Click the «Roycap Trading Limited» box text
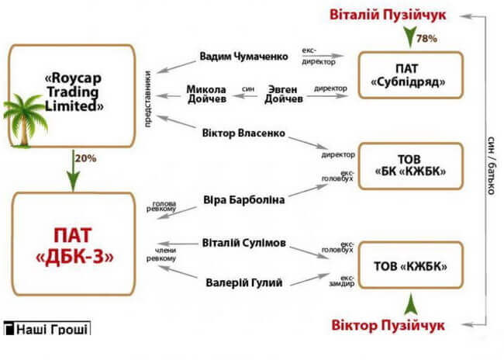[74, 92]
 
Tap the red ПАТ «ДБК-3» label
[74, 246]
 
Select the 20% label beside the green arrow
[85, 158]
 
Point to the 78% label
[426, 39]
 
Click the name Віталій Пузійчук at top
[388, 15]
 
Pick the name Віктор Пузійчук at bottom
[388, 325]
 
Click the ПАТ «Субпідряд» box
[410, 75]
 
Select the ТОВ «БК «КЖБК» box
[410, 166]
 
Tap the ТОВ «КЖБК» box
[410, 265]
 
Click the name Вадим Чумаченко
[243, 57]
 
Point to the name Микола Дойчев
[206, 94]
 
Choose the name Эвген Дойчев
[283, 94]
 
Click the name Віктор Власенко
[243, 133]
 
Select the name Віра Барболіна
[244, 200]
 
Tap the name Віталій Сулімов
[243, 243]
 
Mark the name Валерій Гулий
[244, 282]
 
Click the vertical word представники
[147, 99]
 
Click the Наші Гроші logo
[47, 328]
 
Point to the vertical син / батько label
[491, 166]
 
